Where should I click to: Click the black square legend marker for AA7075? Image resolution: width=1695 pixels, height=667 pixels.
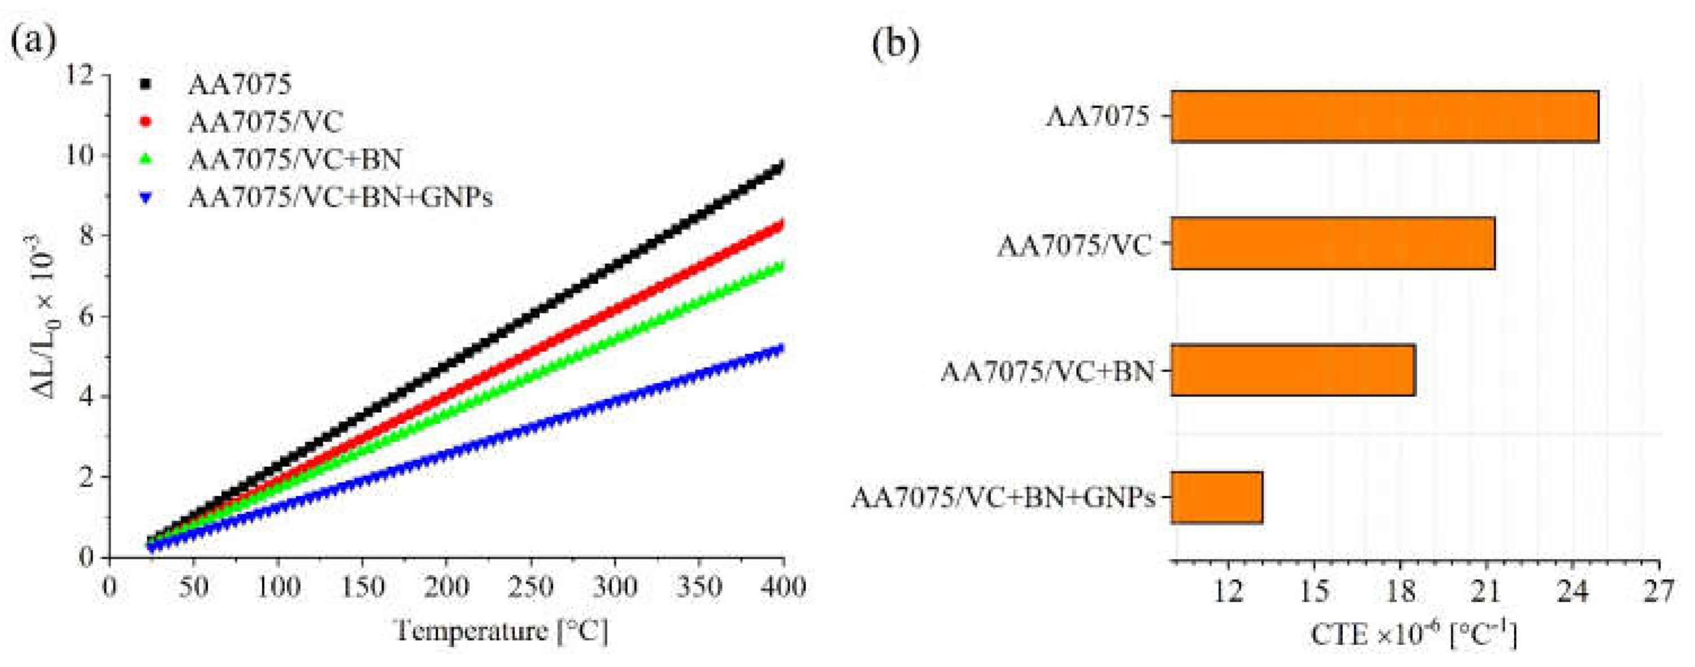pyautogui.click(x=146, y=84)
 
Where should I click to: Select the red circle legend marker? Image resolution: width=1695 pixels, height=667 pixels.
pyautogui.click(x=146, y=122)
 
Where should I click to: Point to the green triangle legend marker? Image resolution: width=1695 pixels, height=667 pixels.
pyautogui.click(x=146, y=159)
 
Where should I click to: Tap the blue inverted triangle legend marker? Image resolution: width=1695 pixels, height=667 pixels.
pyautogui.click(x=146, y=197)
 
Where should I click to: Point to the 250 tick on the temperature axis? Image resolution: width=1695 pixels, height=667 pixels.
pyautogui.click(x=530, y=586)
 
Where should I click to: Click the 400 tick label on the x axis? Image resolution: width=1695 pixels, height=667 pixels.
pyautogui.click(x=782, y=586)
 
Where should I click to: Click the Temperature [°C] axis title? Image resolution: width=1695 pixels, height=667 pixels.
pyautogui.click(x=500, y=631)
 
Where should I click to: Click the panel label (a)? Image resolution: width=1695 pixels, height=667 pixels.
pyautogui.click(x=33, y=41)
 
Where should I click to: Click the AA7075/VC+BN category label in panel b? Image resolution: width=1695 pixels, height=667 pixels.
pyautogui.click(x=1047, y=372)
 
